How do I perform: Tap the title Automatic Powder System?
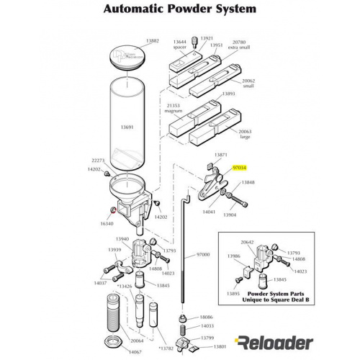pyautogui.click(x=179, y=9)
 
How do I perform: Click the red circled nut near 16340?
pyautogui.click(x=112, y=211)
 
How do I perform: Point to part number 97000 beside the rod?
pyautogui.click(x=203, y=255)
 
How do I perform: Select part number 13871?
pyautogui.click(x=221, y=155)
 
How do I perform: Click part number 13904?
pyautogui.click(x=230, y=215)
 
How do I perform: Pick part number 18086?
pyautogui.click(x=207, y=317)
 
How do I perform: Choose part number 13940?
pyautogui.click(x=122, y=239)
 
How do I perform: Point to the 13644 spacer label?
pyautogui.click(x=181, y=44)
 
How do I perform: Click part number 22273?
pyautogui.click(x=99, y=161)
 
